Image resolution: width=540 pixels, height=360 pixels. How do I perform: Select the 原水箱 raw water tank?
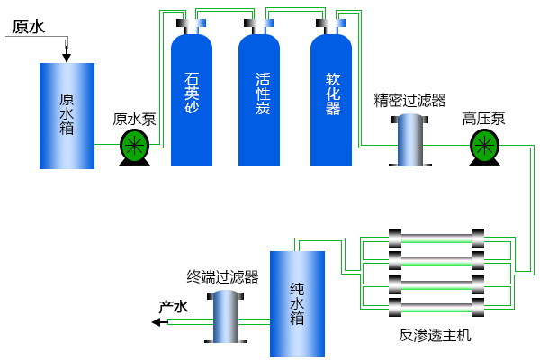67,115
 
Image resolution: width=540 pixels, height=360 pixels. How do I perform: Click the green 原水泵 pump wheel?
134,144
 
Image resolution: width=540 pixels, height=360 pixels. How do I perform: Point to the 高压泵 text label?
484,119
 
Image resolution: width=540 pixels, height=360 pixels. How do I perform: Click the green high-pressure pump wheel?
484,144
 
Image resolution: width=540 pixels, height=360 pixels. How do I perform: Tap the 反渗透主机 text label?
435,336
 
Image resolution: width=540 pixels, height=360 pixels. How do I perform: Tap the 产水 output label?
173,307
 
